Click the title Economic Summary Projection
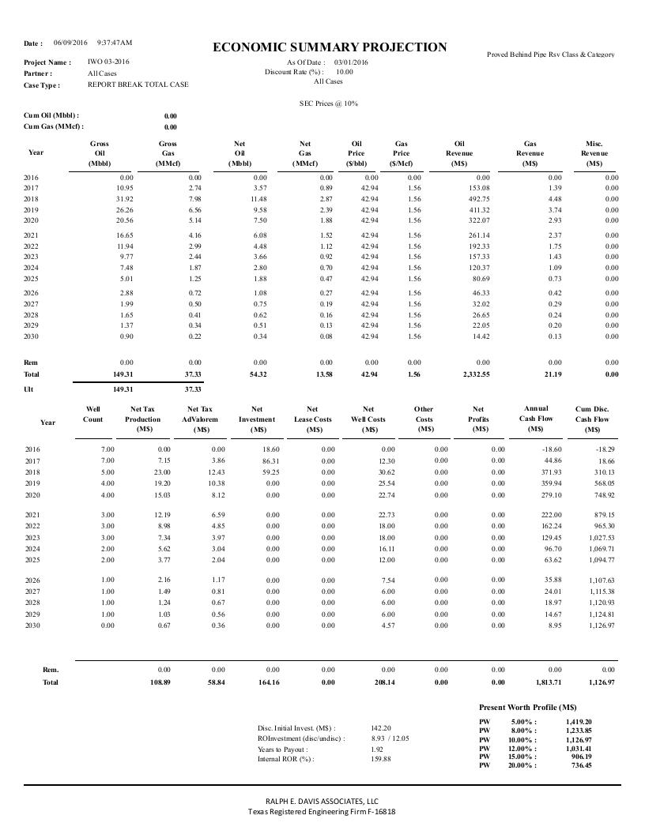coord(330,47)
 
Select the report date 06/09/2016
coord(70,43)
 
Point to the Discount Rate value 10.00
coord(345,72)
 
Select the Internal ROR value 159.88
coord(381,759)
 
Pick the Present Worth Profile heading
coord(527,707)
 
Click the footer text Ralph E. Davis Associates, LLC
coord(322,800)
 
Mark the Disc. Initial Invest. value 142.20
coord(381,728)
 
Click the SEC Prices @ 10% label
coord(328,103)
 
